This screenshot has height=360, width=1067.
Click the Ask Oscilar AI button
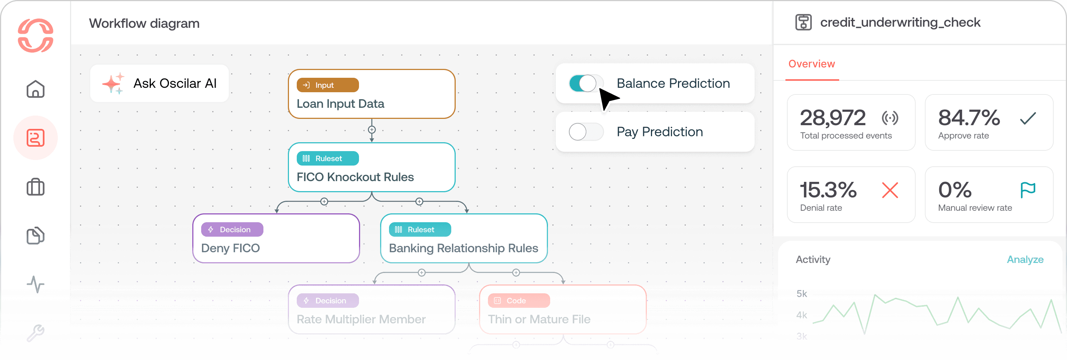[x=159, y=84]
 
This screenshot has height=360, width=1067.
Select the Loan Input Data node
[x=371, y=94]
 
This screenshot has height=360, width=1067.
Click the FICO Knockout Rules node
[x=371, y=167]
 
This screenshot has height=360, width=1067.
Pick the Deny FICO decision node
[x=276, y=239]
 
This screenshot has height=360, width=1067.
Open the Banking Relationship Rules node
[x=463, y=239]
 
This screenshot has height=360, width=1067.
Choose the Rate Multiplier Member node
[x=371, y=310]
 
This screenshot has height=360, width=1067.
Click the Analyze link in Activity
[x=1025, y=260]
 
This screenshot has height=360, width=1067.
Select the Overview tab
[x=811, y=64]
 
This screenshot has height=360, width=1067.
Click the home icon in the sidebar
[x=36, y=89]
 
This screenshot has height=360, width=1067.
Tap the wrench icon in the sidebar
[x=36, y=333]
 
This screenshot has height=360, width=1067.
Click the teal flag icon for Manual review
[x=1028, y=190]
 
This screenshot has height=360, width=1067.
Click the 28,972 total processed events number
[x=832, y=118]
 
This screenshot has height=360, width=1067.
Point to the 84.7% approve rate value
[x=969, y=118]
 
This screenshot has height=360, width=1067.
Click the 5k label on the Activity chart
[x=801, y=294]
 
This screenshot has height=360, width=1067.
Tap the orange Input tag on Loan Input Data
[x=328, y=85]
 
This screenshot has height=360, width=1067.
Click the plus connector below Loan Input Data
[x=372, y=130]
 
